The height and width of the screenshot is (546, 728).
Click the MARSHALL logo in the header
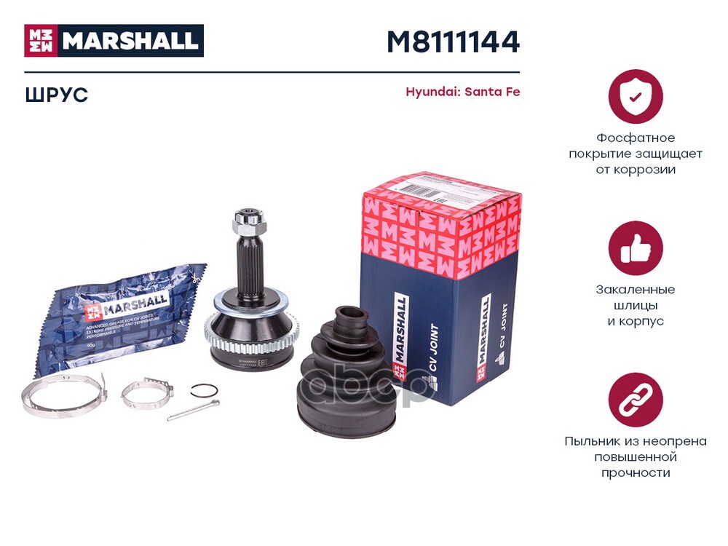point(114,41)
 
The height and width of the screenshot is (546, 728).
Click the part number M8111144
point(452,42)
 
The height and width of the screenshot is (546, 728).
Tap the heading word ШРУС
point(56,95)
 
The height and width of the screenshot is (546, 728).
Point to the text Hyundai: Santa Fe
point(462,92)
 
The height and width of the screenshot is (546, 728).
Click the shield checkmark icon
point(636,97)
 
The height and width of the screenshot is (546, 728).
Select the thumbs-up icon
point(636,248)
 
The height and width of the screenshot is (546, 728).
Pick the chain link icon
point(636,400)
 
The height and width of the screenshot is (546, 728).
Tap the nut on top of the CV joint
point(242,220)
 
